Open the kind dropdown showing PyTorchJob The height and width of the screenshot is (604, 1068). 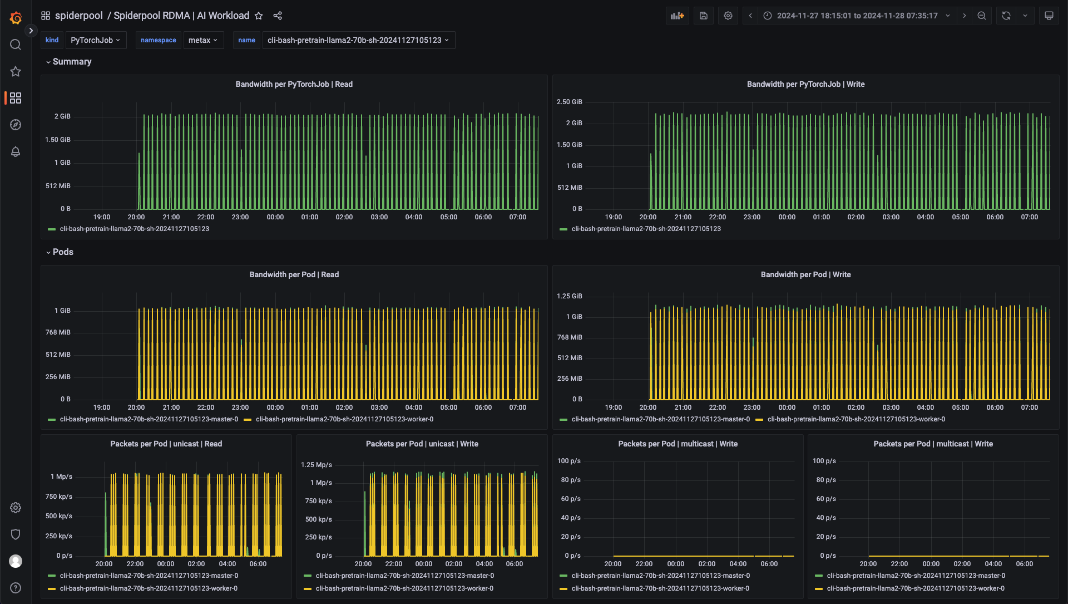[x=96, y=40]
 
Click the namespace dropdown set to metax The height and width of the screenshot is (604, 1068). [x=203, y=40]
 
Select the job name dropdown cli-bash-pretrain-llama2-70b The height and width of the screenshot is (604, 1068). [x=358, y=40]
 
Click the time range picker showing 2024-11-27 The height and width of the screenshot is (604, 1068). [x=857, y=16]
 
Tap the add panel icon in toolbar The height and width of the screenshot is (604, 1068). [x=677, y=16]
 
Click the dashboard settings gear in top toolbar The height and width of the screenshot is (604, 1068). [x=728, y=16]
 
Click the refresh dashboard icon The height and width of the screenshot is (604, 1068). [x=1006, y=16]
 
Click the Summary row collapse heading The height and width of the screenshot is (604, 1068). [x=72, y=62]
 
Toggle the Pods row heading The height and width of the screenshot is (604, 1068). [x=63, y=252]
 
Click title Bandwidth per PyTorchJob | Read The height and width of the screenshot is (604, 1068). [x=294, y=84]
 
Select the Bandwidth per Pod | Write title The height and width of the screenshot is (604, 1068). [x=805, y=274]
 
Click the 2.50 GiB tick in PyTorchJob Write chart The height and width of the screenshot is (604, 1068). [x=569, y=102]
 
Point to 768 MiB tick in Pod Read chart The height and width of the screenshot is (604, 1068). [x=58, y=332]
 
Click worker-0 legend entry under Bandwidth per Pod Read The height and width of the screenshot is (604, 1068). [x=344, y=419]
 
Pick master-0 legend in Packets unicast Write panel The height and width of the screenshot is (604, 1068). [x=404, y=576]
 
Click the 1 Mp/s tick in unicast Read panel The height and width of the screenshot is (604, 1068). [x=61, y=477]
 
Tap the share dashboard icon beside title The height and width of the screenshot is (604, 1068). [x=278, y=16]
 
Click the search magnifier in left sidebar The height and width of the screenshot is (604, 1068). [x=16, y=45]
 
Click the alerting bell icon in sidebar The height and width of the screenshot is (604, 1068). [x=16, y=151]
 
